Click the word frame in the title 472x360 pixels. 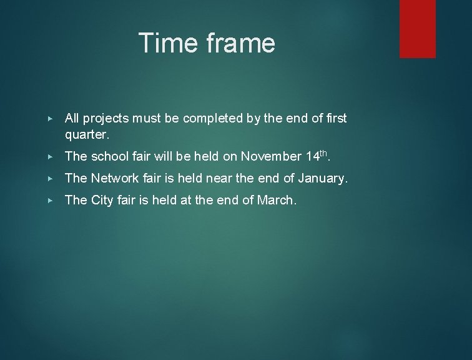(238, 43)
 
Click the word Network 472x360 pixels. (116, 178)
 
